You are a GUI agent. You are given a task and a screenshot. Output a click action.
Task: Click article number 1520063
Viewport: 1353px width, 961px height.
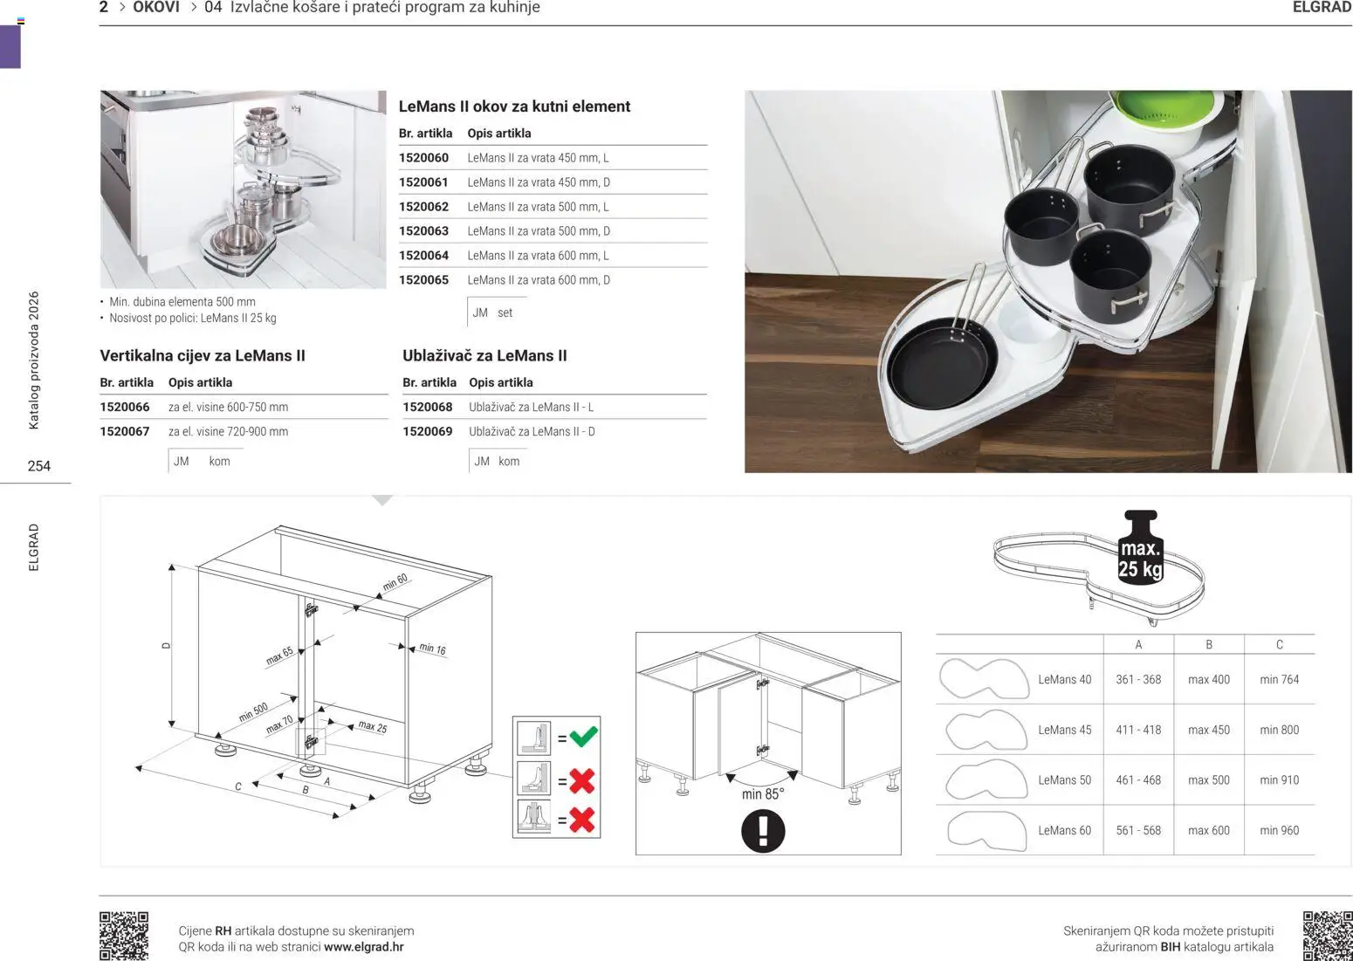pyautogui.click(x=423, y=231)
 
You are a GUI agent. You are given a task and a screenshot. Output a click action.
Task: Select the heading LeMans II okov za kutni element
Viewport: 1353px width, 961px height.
pyautogui.click(x=514, y=106)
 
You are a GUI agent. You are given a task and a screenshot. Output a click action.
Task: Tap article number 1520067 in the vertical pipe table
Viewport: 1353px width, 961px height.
pyautogui.click(x=125, y=431)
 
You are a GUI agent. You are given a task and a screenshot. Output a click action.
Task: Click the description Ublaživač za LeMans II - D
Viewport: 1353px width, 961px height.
pyautogui.click(x=532, y=431)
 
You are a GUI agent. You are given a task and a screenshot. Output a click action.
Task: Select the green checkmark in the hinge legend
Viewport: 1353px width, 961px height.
pyautogui.click(x=583, y=737)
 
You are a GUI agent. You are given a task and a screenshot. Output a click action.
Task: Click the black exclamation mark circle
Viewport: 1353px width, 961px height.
pyautogui.click(x=763, y=831)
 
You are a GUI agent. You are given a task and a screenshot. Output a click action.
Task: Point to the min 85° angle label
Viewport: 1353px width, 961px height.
pyautogui.click(x=763, y=794)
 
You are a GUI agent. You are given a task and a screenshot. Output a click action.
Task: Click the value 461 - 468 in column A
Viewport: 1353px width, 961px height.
pyautogui.click(x=1138, y=780)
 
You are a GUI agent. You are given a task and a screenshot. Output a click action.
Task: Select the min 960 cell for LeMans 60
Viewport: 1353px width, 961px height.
pyautogui.click(x=1279, y=831)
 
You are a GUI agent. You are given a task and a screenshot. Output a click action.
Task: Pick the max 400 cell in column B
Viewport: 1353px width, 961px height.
pyautogui.click(x=1208, y=680)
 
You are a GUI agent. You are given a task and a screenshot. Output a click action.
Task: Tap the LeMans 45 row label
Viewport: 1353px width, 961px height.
pyautogui.click(x=1064, y=731)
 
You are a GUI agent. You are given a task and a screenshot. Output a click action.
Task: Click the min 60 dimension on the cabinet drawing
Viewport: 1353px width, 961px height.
pyautogui.click(x=395, y=582)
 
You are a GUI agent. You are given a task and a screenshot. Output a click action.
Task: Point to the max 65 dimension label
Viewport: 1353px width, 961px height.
pyautogui.click(x=279, y=656)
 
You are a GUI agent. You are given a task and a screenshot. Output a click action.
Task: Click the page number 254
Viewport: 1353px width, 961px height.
pyautogui.click(x=39, y=466)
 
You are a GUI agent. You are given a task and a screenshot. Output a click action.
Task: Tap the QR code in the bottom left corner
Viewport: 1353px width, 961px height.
pyautogui.click(x=124, y=935)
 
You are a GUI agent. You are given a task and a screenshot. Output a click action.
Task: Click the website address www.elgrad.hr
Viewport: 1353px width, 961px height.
pyautogui.click(x=363, y=947)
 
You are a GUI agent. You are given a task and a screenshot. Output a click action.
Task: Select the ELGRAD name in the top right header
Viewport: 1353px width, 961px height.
pyautogui.click(x=1322, y=8)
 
